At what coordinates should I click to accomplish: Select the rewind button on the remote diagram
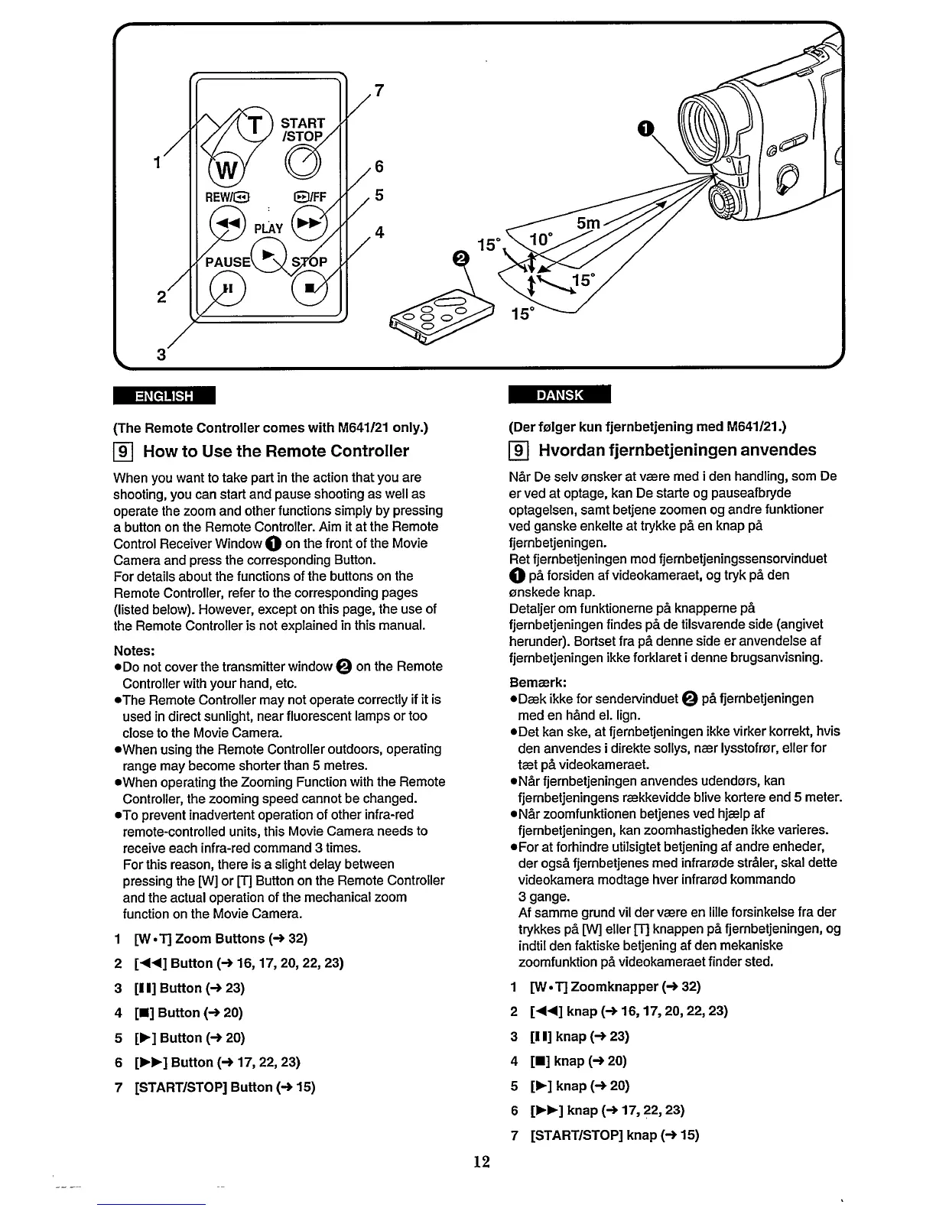224,222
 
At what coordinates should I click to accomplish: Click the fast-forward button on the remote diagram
309,222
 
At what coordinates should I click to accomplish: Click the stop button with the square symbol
308,288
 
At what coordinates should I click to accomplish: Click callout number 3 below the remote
161,354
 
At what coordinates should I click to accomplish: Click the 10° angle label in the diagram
540,239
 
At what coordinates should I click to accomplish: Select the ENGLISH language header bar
164,395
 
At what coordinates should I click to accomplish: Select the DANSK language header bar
560,394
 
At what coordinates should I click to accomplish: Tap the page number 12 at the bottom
480,1162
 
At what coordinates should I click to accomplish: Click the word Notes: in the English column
135,650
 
